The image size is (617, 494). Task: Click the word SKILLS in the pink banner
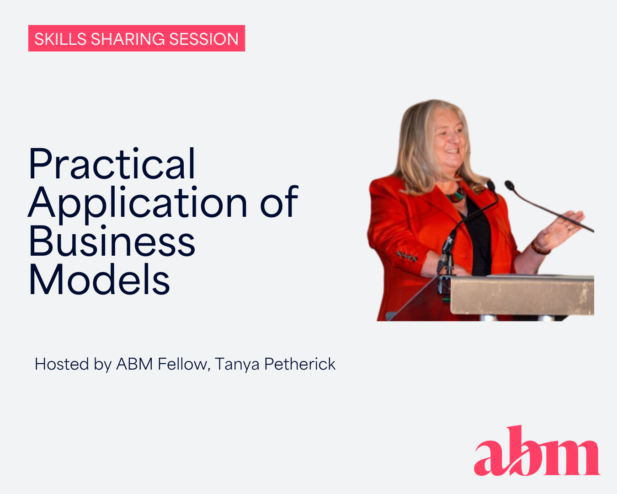point(60,39)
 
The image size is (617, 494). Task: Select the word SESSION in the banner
point(203,39)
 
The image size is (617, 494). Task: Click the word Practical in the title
point(112,163)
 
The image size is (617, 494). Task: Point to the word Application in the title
point(137,204)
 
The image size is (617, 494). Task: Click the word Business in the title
point(112,241)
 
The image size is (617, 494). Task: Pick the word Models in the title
point(99,279)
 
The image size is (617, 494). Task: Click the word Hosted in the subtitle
point(62,364)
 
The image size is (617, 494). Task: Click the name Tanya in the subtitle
point(237,365)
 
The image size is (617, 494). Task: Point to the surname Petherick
point(300,364)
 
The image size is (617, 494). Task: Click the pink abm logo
point(537,451)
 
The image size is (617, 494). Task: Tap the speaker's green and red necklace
point(455,196)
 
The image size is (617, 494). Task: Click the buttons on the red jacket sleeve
point(407,256)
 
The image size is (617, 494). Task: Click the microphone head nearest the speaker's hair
point(491,186)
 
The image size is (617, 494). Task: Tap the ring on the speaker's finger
point(569,228)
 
